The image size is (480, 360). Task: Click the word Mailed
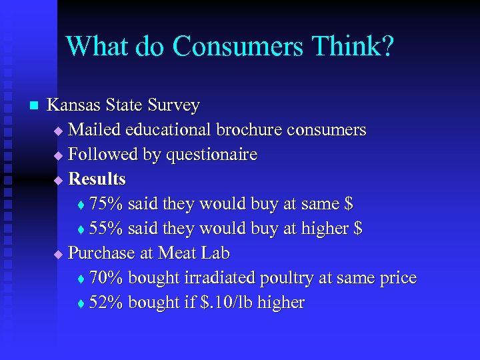pos(95,129)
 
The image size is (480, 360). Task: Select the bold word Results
pos(97,179)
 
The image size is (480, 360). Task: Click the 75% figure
pos(105,203)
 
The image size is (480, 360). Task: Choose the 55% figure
pos(105,229)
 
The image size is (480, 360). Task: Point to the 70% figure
pos(105,278)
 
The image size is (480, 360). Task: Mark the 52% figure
pos(105,303)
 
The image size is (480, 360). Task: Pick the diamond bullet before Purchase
pos(58,254)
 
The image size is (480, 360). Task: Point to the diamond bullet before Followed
pos(58,155)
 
